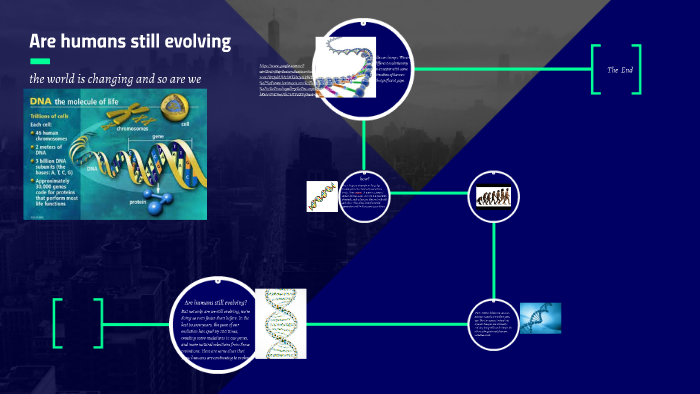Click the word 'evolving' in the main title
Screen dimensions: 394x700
196,42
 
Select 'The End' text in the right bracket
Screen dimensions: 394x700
620,70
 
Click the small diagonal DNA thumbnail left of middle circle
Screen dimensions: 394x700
322,198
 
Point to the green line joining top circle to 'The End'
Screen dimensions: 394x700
500,69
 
